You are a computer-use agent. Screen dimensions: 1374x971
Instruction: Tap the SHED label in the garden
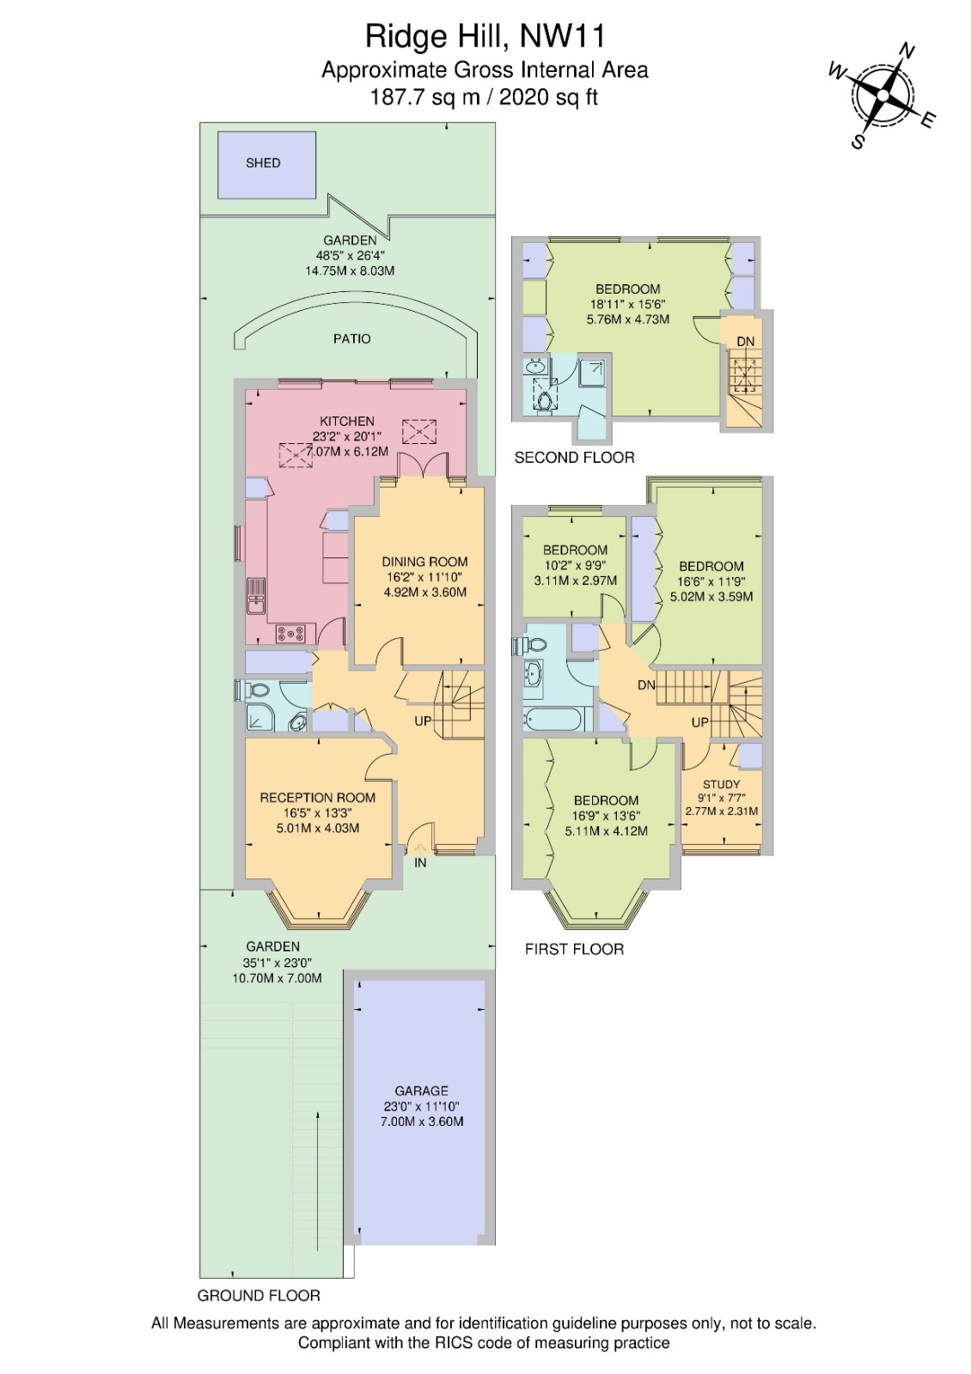263,163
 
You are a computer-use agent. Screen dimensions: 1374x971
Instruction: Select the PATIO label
352,339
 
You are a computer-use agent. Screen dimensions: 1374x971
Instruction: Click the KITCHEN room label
347,422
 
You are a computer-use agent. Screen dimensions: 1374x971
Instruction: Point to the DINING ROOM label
424,562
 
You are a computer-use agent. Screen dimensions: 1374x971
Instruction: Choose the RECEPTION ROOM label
318,798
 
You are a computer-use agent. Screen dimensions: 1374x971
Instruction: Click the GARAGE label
422,1091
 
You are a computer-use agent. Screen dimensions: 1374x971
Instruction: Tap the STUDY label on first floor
721,784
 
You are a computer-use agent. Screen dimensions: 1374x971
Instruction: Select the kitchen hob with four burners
290,634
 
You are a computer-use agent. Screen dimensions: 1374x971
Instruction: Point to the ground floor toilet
255,690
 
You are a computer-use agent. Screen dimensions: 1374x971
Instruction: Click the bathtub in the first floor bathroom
556,719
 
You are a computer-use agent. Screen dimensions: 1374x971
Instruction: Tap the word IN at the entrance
420,863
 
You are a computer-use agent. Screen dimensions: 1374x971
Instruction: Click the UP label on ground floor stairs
423,721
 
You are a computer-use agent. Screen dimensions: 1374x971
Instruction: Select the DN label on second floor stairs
745,342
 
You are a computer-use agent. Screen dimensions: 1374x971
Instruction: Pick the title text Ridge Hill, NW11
485,36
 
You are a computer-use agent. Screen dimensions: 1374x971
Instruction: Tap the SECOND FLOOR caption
574,458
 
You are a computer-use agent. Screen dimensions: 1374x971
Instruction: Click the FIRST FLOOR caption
574,949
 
